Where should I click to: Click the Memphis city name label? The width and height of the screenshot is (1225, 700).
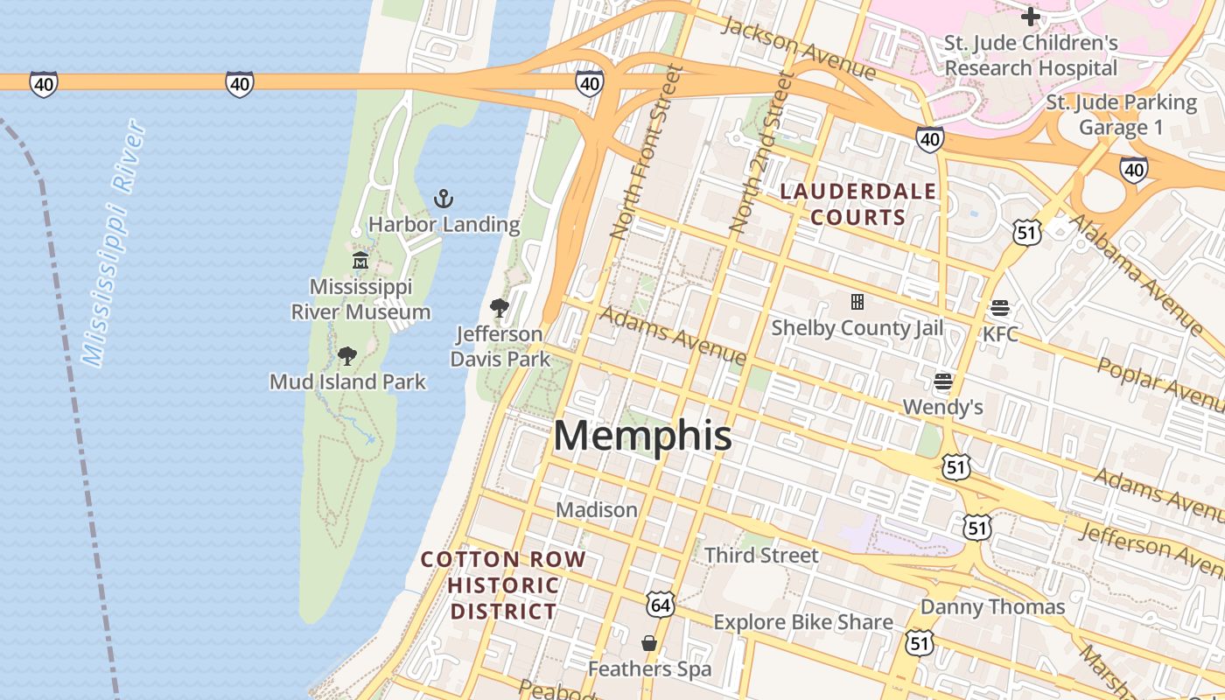click(642, 436)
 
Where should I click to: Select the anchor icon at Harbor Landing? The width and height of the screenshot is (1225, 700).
click(444, 199)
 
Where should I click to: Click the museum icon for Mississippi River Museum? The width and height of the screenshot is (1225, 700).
click(360, 261)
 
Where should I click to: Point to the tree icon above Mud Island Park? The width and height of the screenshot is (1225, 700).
click(347, 355)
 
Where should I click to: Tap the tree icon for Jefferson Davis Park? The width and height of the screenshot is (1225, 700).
click(500, 307)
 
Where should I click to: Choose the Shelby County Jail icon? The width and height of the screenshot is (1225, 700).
click(857, 302)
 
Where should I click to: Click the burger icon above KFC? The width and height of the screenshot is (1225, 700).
click(1000, 308)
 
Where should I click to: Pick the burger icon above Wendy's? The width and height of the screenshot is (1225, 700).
click(942, 381)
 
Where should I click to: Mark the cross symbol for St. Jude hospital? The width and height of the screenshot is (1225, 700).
click(1031, 17)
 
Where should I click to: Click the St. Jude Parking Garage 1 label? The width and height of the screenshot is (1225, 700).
click(1121, 115)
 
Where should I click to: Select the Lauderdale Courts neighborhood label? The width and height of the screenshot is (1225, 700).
click(858, 204)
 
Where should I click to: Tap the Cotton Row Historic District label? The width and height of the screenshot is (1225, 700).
click(503, 585)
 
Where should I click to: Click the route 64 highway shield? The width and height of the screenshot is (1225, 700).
click(661, 604)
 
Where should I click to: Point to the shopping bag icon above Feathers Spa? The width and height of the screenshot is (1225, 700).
click(649, 643)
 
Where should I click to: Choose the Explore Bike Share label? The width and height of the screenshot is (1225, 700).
click(803, 622)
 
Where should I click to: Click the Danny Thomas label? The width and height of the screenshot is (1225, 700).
click(992, 606)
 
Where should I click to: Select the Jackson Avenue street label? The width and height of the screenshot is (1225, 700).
click(797, 46)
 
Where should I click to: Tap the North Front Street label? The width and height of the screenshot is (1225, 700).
click(646, 154)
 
